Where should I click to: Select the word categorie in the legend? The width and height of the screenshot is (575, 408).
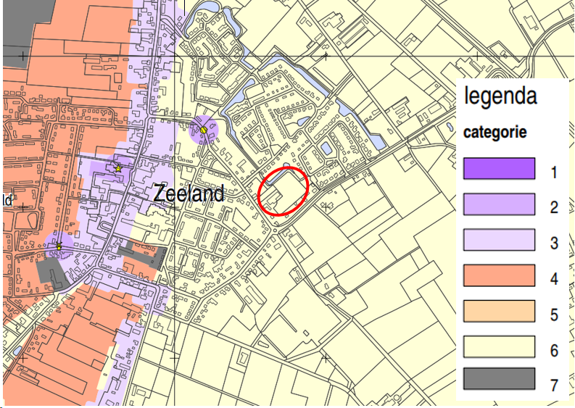pyautogui.click(x=495, y=133)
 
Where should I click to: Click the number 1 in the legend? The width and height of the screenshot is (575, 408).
pyautogui.click(x=554, y=172)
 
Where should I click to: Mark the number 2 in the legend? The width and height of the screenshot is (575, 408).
pyautogui.click(x=554, y=208)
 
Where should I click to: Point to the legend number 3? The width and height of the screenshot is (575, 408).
pyautogui.click(x=554, y=243)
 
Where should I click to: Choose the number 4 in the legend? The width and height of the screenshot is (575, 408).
pyautogui.click(x=554, y=279)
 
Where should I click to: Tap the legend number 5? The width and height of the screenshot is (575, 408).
pyautogui.click(x=554, y=315)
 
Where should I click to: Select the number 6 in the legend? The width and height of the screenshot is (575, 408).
pyautogui.click(x=554, y=351)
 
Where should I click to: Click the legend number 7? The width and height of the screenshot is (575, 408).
pyautogui.click(x=554, y=385)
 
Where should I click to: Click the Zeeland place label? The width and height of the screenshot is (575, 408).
pyautogui.click(x=189, y=193)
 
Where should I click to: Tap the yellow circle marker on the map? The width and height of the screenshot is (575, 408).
pyautogui.click(x=204, y=130)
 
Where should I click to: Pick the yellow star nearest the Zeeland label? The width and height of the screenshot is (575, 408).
pyautogui.click(x=118, y=169)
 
